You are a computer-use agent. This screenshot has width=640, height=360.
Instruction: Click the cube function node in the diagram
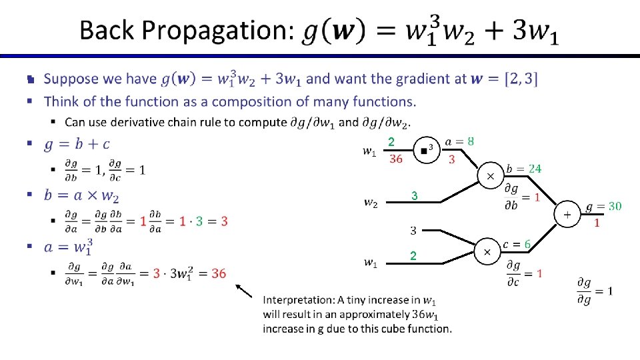pyautogui.click(x=425, y=151)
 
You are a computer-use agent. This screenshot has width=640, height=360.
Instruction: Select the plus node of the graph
pyautogui.click(x=567, y=215)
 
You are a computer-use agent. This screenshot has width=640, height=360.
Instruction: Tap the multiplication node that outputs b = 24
pyautogui.click(x=491, y=176)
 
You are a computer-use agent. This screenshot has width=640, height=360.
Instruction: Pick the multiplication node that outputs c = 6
pyautogui.click(x=487, y=252)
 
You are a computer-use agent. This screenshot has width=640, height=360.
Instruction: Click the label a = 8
pyautogui.click(x=459, y=141)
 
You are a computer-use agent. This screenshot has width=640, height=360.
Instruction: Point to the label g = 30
pyautogui.click(x=603, y=207)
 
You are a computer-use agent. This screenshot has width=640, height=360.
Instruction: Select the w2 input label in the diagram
pyautogui.click(x=371, y=202)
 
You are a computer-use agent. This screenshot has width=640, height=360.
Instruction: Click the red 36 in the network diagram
pyautogui.click(x=395, y=159)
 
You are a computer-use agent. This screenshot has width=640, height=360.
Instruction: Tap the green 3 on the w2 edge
pyautogui.click(x=414, y=196)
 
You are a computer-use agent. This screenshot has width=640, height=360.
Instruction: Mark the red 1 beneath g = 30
pyautogui.click(x=597, y=223)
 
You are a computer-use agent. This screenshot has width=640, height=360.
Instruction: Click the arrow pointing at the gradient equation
pyautogui.click(x=244, y=291)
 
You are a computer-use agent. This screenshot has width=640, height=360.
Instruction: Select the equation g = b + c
pyautogui.click(x=77, y=143)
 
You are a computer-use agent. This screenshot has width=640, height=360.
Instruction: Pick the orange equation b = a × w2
pyautogui.click(x=81, y=195)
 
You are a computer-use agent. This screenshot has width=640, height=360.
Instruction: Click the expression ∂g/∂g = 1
pyautogui.click(x=595, y=291)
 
